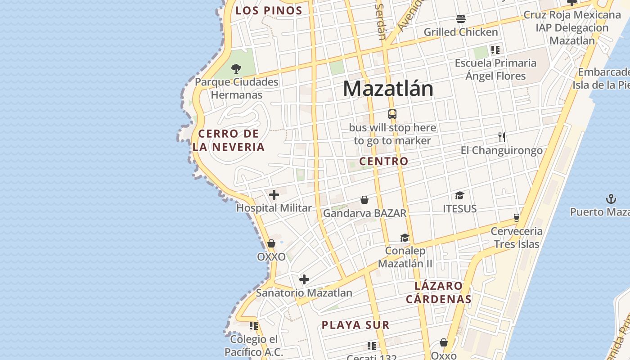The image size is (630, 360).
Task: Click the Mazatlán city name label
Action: [x=388, y=89]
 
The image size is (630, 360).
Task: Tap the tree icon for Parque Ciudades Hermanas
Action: [x=236, y=69]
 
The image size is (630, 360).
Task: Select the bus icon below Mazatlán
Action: [x=392, y=114]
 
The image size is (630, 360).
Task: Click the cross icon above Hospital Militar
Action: [x=274, y=195]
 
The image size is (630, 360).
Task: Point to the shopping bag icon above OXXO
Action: [x=271, y=243]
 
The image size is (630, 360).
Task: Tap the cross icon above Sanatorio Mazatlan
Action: [x=304, y=279]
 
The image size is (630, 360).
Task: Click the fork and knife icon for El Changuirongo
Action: [x=502, y=137]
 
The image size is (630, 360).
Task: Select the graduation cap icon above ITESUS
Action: [x=459, y=195]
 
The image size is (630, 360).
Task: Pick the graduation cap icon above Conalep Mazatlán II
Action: [x=405, y=238]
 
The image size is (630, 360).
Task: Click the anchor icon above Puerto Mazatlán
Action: [x=611, y=198]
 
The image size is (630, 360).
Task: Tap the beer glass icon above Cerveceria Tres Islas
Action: [x=517, y=218]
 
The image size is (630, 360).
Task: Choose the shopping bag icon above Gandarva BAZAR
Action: [x=364, y=200]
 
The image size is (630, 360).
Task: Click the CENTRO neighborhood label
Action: [x=384, y=161]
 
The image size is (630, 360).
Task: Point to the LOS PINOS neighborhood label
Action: [x=269, y=10]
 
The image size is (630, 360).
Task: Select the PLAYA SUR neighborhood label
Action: [x=355, y=325]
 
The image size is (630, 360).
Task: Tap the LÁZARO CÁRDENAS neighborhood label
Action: [x=439, y=292]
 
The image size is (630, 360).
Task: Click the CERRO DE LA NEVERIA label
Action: [x=229, y=140]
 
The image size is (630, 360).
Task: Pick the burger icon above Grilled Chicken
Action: [x=461, y=19]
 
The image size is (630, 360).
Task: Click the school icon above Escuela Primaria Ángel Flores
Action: [x=495, y=49]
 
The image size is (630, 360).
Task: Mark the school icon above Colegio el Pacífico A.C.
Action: [x=254, y=325]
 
